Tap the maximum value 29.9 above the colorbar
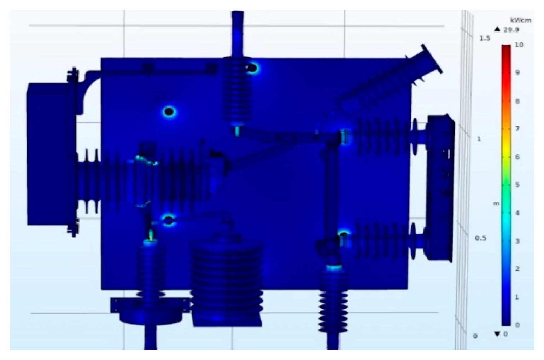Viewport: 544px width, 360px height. pos(510,30)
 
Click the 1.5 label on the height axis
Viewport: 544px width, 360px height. pos(485,39)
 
